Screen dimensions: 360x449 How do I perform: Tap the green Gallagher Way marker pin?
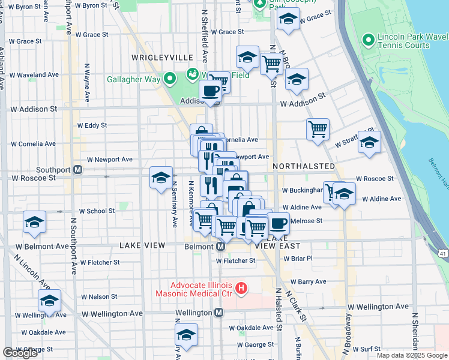coord(170,79)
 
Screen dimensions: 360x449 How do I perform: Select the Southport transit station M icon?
coord(78,170)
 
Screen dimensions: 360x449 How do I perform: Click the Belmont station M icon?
coord(220,247)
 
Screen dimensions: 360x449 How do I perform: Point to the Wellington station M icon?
coord(219,313)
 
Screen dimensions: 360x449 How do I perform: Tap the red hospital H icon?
coord(241,289)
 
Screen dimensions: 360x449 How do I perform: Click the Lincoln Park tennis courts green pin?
coord(369,41)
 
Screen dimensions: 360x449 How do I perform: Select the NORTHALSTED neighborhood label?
coord(304,166)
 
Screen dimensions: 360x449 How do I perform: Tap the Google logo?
coord(20,353)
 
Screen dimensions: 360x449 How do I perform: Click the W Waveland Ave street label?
coord(34,75)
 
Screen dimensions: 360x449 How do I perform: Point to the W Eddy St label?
coord(92,125)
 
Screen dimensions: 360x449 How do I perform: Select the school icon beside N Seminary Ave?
coord(161,178)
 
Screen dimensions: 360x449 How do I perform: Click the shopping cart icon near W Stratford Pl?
coord(318,129)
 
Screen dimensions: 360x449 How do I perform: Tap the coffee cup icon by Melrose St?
coord(278,224)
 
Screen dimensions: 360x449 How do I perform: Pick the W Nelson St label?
coord(95,296)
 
